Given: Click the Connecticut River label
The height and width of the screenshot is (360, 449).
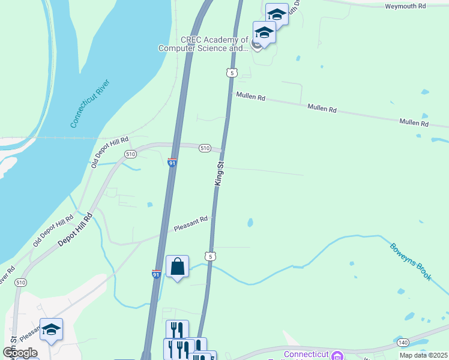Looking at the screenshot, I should pos(91,102).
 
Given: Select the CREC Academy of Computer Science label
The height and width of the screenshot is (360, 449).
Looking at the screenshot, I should pos(203,44).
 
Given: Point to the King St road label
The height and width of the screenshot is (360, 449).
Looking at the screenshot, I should pos(219,173).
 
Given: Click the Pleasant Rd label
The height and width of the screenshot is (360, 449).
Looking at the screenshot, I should pos(190,224).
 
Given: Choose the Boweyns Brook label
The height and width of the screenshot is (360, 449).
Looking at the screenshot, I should pos(411,261).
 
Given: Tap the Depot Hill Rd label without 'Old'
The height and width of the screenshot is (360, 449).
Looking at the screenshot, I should pos(75,229).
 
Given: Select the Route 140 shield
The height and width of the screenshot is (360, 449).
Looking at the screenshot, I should pos(402,342).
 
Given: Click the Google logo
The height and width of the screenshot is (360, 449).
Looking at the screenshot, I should pos(20,353).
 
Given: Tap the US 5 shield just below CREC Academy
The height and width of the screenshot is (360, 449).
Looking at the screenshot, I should pos(232,73).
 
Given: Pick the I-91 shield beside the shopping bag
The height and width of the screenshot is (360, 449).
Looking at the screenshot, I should pos(156,274).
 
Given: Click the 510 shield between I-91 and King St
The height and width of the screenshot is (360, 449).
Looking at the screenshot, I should pos(205,148).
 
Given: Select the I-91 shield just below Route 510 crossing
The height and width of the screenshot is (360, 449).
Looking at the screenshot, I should pos(171,162).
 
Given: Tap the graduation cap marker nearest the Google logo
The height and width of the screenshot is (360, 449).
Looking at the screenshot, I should pos(51,329).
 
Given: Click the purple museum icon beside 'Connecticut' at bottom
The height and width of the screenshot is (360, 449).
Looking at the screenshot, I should pos(337,354).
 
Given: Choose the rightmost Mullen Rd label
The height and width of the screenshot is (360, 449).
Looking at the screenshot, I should pos(415,123).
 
